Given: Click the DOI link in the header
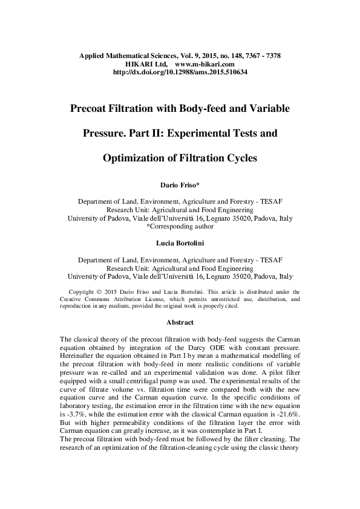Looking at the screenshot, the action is [180, 72].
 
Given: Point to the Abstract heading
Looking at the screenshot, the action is [180, 322].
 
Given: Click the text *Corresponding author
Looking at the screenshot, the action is [180, 227].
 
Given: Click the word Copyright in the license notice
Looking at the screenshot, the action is [83, 291].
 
